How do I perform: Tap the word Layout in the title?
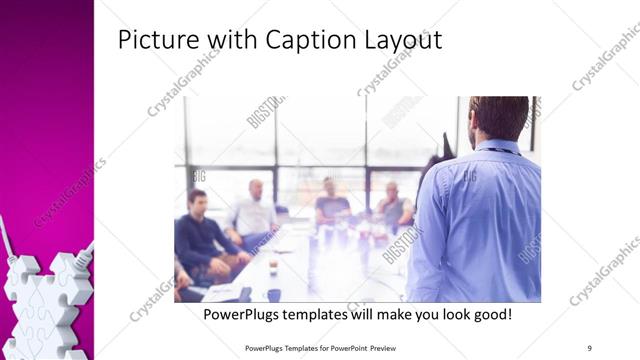tap(400, 42)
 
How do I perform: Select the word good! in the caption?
tap(487, 315)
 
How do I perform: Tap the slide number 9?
tap(588, 347)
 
